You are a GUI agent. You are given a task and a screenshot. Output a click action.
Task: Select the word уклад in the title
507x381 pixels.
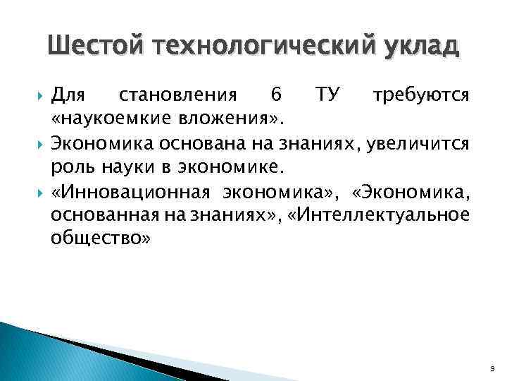click(420, 47)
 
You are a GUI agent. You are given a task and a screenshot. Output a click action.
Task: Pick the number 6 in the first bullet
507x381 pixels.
click(275, 94)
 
